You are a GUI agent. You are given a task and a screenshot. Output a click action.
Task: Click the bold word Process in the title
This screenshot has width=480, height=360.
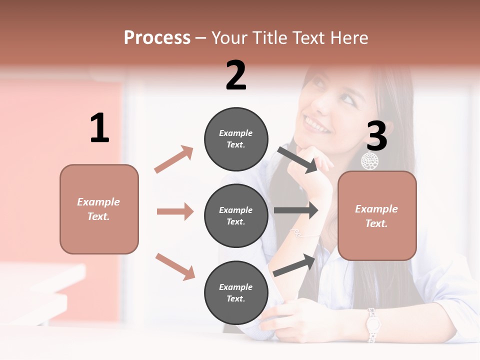(x=157, y=37)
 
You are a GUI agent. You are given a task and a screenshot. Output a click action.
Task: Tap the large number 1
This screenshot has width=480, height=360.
(x=99, y=128)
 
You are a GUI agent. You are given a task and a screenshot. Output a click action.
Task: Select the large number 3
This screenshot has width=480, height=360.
(x=377, y=136)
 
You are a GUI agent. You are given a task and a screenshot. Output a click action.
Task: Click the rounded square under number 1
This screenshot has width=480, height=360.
(x=99, y=209)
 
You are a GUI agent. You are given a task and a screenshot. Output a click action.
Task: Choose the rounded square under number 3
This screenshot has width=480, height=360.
(x=377, y=216)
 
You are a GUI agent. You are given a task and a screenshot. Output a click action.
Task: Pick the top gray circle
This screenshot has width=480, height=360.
(x=236, y=138)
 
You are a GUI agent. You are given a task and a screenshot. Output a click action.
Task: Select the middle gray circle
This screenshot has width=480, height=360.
(x=236, y=215)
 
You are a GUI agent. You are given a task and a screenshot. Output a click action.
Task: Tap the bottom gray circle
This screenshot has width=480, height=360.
(x=236, y=292)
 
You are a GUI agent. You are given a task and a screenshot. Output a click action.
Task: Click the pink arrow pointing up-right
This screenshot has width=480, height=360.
(x=173, y=159)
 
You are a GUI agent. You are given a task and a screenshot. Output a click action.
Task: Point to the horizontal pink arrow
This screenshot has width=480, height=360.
(x=175, y=211)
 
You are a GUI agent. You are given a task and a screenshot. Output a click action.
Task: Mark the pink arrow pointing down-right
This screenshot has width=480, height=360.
(x=175, y=266)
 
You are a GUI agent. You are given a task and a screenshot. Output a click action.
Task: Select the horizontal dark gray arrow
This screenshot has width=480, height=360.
(x=296, y=210)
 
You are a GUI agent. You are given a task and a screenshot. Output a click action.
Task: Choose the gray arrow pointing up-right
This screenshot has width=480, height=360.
(x=294, y=265)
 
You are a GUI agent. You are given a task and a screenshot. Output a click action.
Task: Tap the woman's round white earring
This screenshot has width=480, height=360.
(x=370, y=161)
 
